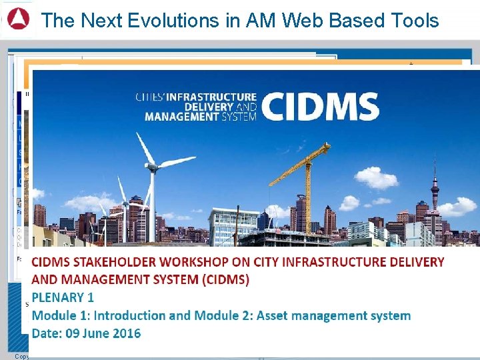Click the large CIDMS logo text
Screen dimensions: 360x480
click(320, 107)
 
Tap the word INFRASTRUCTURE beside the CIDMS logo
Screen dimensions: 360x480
click(211, 97)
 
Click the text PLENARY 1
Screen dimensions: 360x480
click(63, 297)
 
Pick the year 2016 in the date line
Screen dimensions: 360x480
click(125, 333)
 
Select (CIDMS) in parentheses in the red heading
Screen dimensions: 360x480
click(221, 279)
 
